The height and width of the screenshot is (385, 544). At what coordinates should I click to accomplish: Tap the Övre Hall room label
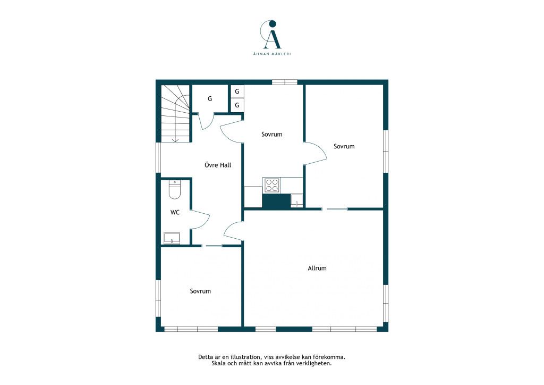point(218,165)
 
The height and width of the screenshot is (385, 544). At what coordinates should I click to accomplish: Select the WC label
point(175,212)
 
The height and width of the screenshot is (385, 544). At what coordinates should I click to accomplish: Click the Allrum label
point(317,268)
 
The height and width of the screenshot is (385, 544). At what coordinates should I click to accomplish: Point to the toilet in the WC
point(175,190)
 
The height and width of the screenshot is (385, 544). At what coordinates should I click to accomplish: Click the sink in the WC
point(172,238)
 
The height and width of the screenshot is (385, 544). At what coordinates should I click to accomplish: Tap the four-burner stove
point(271,185)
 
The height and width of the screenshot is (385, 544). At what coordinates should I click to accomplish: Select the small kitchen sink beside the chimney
point(296,200)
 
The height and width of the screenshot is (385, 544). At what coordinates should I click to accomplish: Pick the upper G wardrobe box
point(237,91)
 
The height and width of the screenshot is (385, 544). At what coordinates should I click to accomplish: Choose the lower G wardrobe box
point(237,105)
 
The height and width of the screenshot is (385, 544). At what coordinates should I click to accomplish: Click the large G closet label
point(210,99)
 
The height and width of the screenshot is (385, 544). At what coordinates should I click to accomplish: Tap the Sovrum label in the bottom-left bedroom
point(200,291)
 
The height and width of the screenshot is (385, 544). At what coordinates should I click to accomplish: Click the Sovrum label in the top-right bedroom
point(344,146)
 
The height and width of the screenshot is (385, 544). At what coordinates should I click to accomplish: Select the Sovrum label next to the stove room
point(271,135)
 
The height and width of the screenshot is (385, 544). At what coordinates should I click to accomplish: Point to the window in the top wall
point(285,82)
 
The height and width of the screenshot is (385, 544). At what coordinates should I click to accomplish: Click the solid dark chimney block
point(276,202)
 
